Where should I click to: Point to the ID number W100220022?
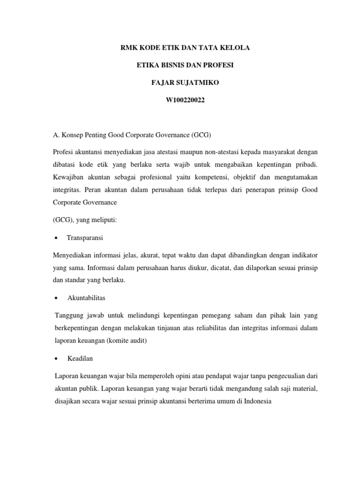[x=179, y=100]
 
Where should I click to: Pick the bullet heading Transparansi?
[x=85, y=238]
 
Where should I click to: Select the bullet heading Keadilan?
[x=80, y=359]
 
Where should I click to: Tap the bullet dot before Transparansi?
[x=56, y=238]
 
